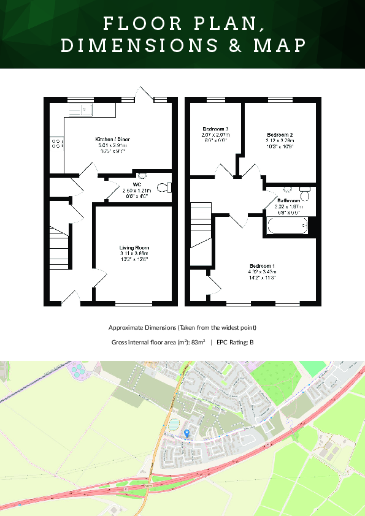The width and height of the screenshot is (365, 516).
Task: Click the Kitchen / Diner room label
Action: (x=112, y=140)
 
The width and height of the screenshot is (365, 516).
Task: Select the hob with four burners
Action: (x=56, y=143)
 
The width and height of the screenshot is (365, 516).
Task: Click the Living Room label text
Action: (x=134, y=248)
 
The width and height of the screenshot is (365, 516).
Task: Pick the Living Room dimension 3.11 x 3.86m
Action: (x=134, y=253)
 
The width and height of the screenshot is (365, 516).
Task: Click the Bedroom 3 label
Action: (x=215, y=129)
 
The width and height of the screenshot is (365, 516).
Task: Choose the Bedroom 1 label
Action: (x=261, y=265)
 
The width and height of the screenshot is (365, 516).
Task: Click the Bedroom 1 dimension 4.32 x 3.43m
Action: (x=261, y=271)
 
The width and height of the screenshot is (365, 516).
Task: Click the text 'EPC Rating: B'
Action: (x=235, y=342)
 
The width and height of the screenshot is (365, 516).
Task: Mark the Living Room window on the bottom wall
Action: (x=134, y=303)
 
